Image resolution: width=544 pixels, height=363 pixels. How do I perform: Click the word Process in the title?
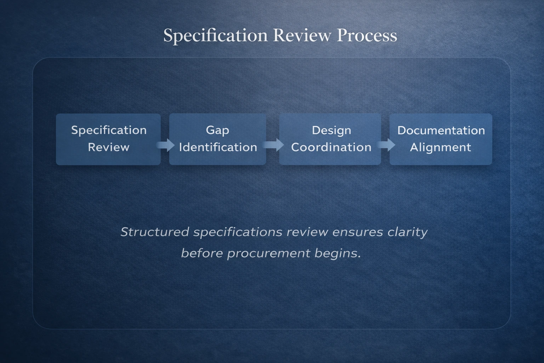pos(367,35)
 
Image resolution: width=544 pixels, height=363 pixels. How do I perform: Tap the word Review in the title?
pos(302,35)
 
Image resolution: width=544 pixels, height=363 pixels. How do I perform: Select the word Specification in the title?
pos(215,35)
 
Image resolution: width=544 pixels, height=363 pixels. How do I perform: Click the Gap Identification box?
pos(217,139)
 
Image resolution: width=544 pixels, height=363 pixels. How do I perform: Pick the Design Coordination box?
pos(330,139)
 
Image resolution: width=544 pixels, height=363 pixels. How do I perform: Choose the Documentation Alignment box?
pos(441,139)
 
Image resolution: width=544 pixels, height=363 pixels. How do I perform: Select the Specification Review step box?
pos(108,139)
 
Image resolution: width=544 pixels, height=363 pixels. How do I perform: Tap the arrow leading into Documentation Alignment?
pos(386,145)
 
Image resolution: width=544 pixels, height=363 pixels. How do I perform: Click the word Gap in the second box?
pos(217,130)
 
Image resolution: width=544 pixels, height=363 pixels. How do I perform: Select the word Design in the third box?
pos(331,130)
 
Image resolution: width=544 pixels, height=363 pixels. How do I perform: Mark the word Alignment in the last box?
pos(441,147)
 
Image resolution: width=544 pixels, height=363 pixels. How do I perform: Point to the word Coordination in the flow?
pos(331,147)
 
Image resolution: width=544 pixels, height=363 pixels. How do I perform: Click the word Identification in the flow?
pos(218,147)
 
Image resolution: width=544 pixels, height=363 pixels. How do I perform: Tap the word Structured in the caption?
pos(155,232)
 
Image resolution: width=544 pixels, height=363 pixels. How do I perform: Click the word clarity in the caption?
pos(407,232)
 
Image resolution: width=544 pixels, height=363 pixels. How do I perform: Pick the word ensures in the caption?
pos(358,232)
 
